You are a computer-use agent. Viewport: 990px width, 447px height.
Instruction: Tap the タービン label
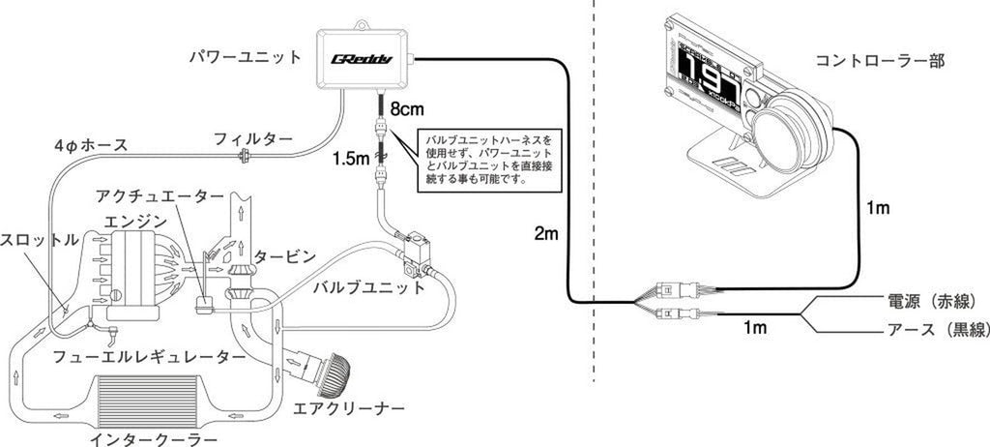(x=285, y=256)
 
